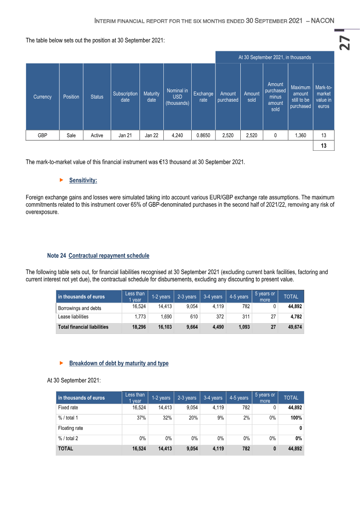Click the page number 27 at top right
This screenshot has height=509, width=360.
[x=345, y=42]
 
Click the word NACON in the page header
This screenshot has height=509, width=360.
[x=322, y=21]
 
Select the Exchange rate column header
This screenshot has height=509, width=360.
[x=203, y=97]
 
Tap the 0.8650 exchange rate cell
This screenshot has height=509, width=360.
[x=203, y=135]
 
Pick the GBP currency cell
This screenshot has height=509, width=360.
[x=42, y=135]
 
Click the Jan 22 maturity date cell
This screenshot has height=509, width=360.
[x=152, y=135]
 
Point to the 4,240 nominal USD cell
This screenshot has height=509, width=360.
[x=177, y=135]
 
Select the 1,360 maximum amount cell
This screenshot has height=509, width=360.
[x=301, y=135]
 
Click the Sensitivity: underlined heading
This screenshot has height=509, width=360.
[x=83, y=180]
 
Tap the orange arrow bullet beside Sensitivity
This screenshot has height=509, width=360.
[x=61, y=180]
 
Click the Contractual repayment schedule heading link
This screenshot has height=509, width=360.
[x=109, y=256]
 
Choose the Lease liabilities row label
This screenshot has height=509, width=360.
[x=73, y=317]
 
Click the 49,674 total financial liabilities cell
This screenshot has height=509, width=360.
[x=295, y=327]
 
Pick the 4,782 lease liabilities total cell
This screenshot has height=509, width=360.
[x=296, y=317]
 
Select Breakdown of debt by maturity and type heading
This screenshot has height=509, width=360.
[x=119, y=363]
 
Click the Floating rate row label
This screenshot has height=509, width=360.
[x=71, y=428]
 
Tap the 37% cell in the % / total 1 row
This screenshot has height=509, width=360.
[x=141, y=418]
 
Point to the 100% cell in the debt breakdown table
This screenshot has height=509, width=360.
[x=296, y=418]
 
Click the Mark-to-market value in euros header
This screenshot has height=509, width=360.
[x=324, y=97]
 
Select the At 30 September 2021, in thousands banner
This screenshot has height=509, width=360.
[x=274, y=58]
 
